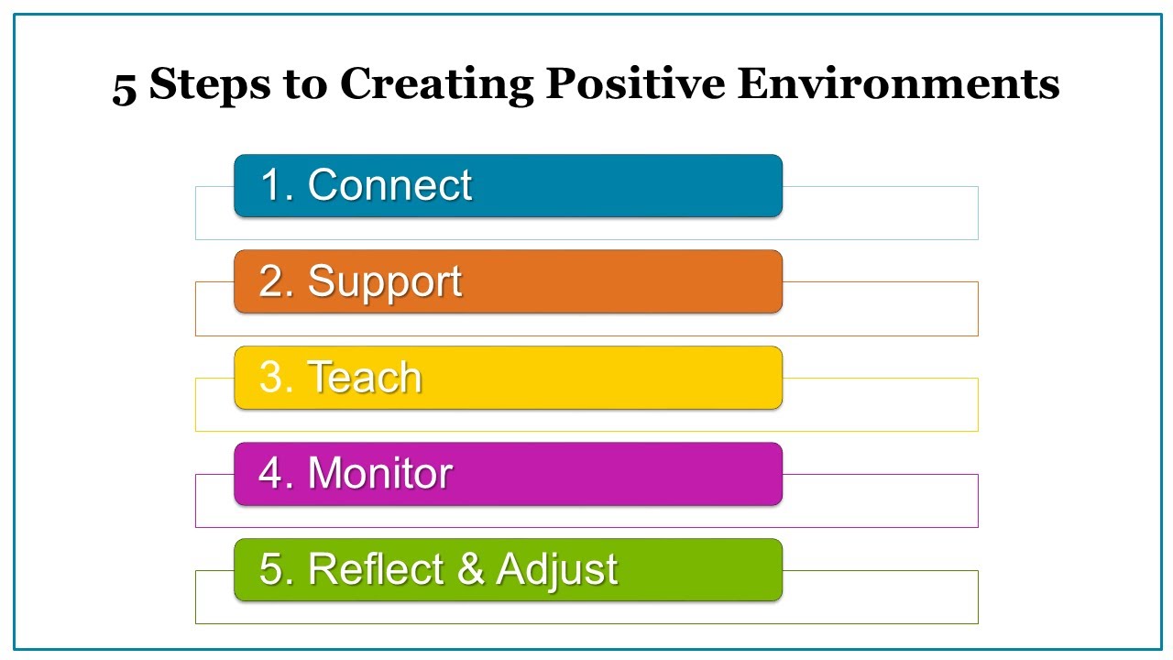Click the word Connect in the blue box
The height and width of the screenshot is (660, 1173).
[x=389, y=185]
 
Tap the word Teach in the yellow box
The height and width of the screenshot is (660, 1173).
[x=364, y=378]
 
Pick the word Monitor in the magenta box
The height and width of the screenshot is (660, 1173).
[x=380, y=474]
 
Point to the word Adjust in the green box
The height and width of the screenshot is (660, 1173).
[x=557, y=569]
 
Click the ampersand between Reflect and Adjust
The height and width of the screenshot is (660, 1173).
[x=469, y=569]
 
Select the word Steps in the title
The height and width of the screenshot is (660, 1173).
[x=210, y=85]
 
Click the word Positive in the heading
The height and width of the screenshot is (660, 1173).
[x=635, y=84]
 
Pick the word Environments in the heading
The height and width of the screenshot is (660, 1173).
[x=899, y=84]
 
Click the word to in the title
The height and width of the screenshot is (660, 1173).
[x=306, y=85]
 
